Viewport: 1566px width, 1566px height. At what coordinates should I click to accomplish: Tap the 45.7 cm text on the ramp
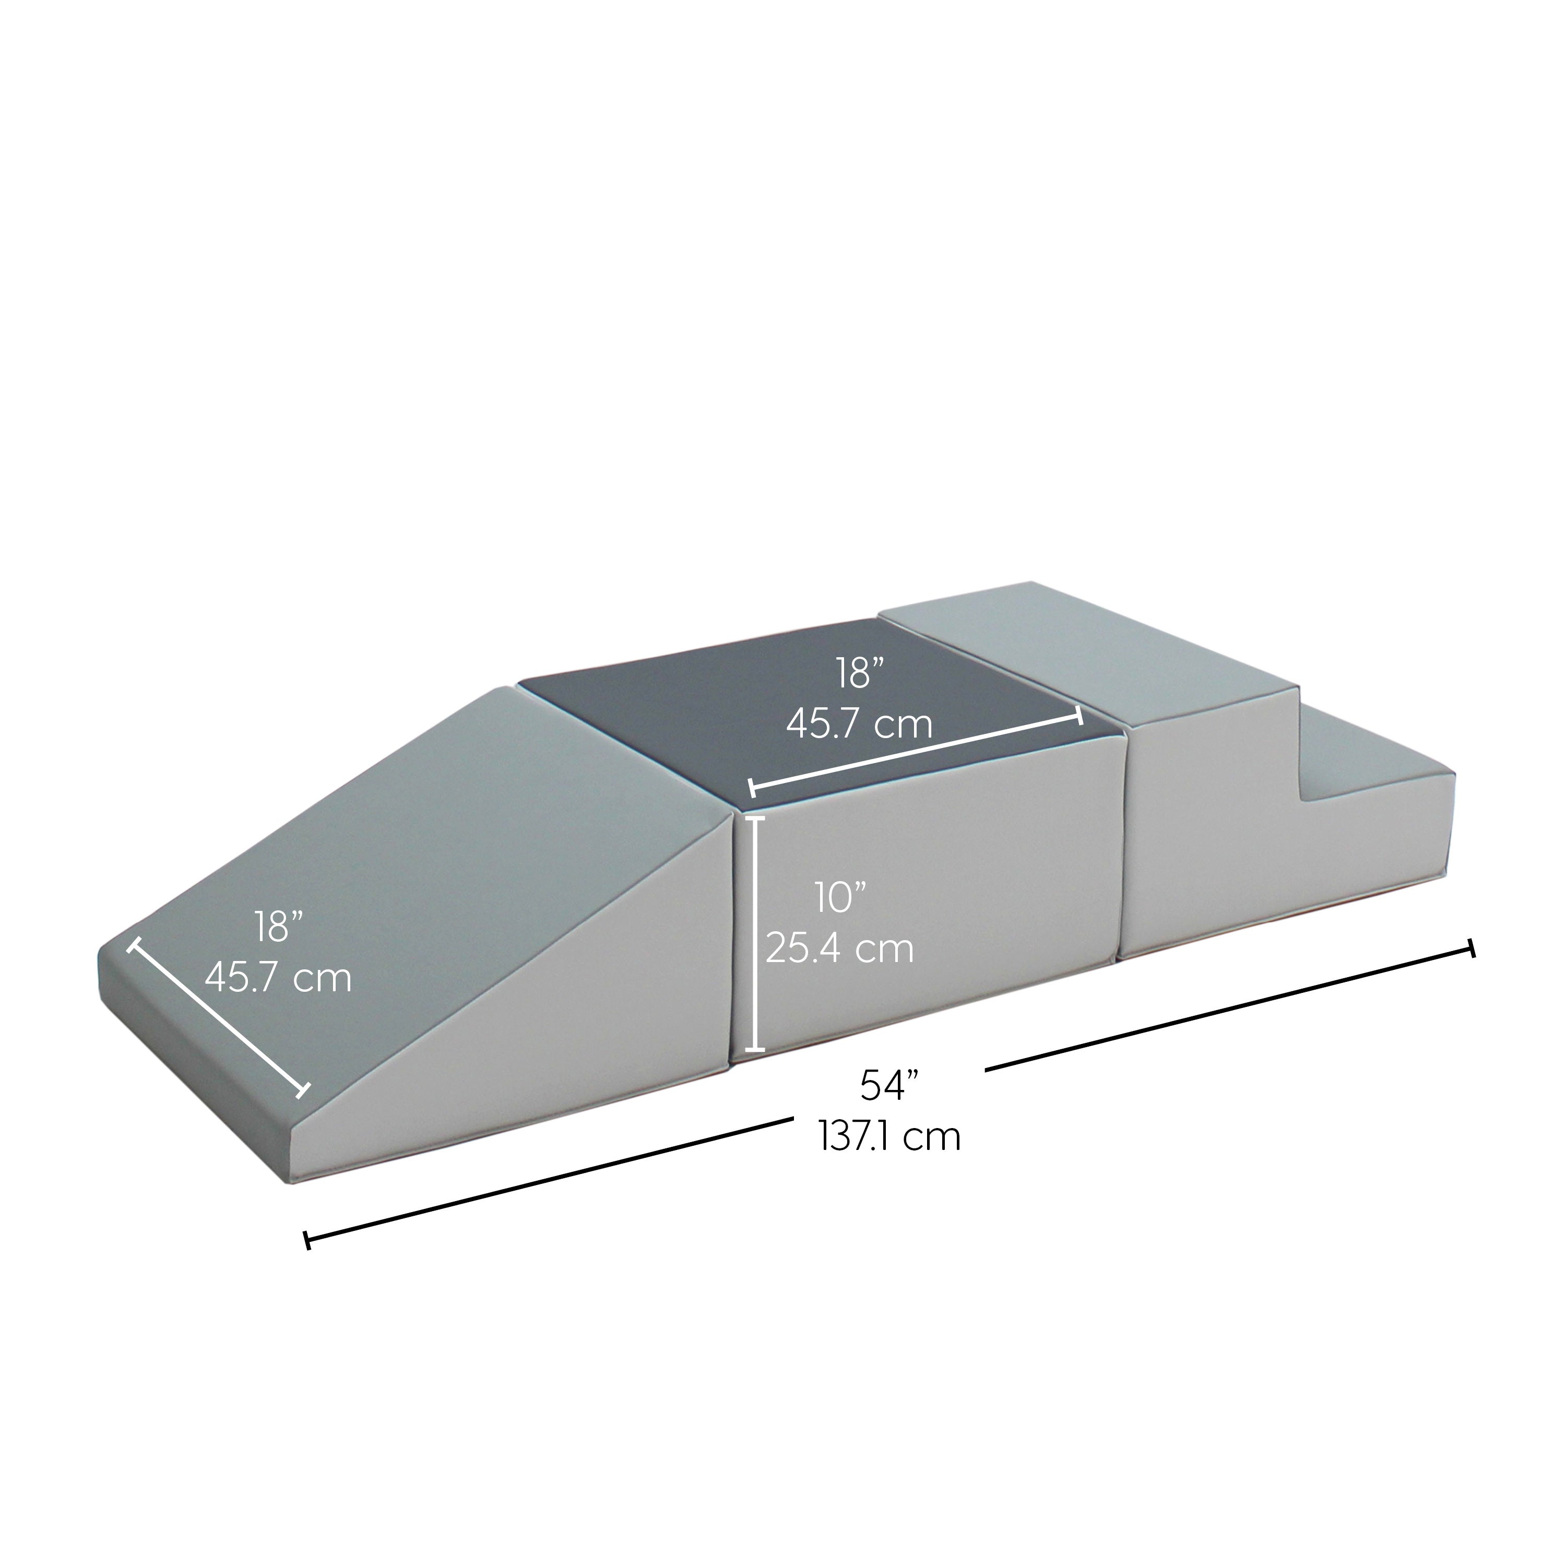278,978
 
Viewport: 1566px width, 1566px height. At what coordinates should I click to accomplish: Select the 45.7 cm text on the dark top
859,724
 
